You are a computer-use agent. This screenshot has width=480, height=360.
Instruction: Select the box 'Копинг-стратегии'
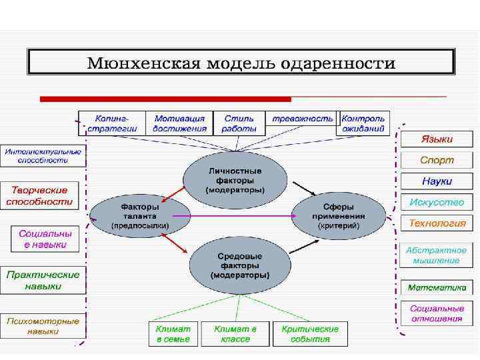pos(111,123)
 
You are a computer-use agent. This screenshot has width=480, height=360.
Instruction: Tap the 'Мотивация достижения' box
pos(179,123)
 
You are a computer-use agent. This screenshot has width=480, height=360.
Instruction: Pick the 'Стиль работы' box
pos(239,123)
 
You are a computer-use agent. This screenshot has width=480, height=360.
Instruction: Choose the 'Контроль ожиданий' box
pos(363,123)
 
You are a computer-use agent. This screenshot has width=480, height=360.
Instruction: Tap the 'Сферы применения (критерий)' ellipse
pos(339,216)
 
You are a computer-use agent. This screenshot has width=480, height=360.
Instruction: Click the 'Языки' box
pos(437,140)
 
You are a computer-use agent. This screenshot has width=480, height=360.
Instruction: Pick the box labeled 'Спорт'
pos(437,161)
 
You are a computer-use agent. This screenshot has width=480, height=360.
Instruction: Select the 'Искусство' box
pos(437,202)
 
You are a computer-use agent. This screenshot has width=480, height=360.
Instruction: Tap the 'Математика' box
pos(437,289)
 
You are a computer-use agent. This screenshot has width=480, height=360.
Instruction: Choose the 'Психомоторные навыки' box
pos(43,326)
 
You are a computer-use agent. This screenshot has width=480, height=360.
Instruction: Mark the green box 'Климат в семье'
pos(173,334)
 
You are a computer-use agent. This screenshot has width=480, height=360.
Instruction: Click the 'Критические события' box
pos(310,334)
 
